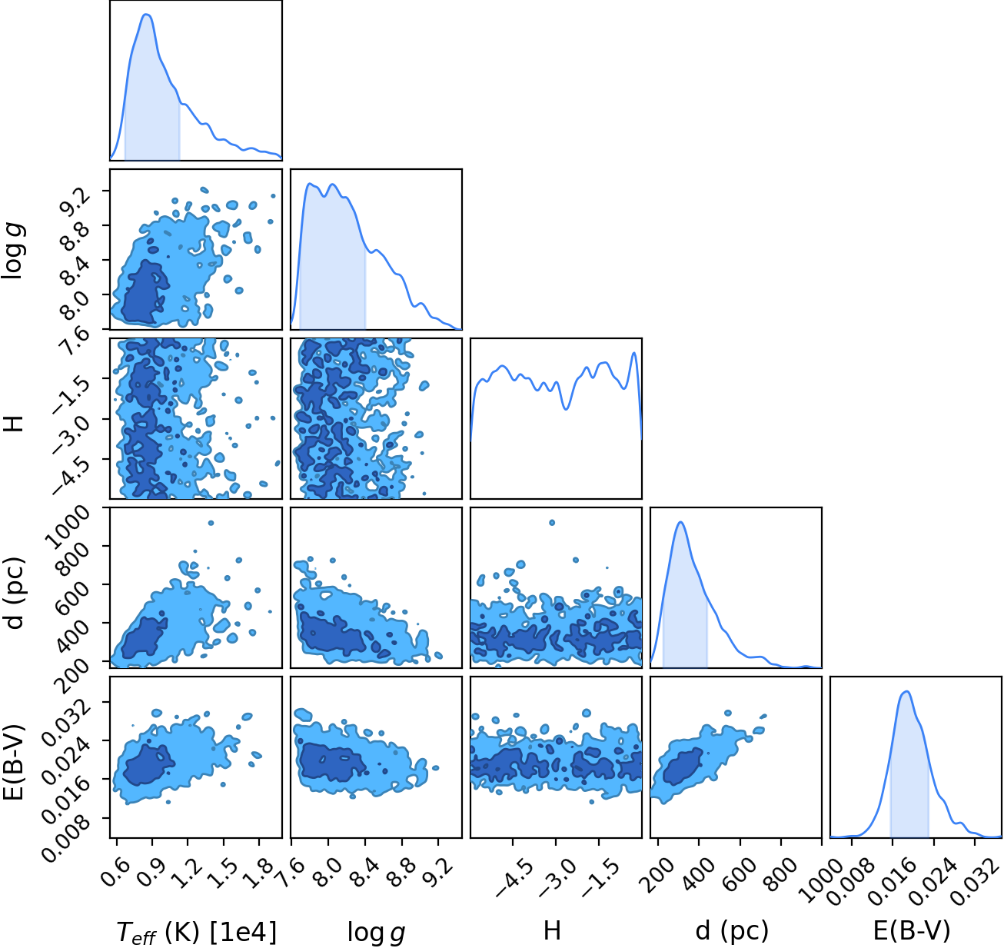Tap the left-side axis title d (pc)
point(16,593)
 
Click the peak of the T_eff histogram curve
point(147,14)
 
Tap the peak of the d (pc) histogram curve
point(680,522)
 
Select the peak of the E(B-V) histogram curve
point(907,691)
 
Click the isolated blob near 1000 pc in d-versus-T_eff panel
point(211,523)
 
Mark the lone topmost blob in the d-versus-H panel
point(552,522)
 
